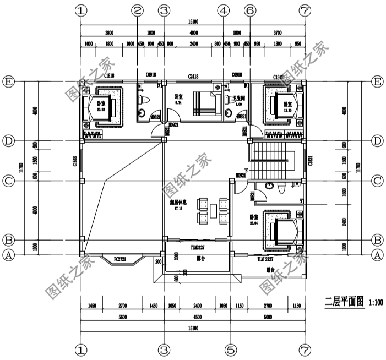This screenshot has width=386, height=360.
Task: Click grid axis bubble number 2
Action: coord(138,10)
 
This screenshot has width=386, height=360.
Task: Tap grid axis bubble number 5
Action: coord(231,349)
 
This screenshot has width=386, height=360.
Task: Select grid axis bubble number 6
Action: coord(249,10)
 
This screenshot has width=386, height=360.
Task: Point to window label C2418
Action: coord(193,75)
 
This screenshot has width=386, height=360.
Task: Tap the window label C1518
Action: coord(75,161)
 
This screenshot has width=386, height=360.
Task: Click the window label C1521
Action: coord(311,161)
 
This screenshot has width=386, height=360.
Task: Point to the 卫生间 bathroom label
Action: coord(238,99)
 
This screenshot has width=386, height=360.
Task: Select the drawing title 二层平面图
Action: coord(344,301)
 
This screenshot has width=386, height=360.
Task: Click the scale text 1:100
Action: coord(376,301)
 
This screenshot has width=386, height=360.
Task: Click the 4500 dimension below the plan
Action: coord(197,317)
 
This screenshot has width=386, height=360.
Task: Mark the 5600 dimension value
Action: coord(122,317)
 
